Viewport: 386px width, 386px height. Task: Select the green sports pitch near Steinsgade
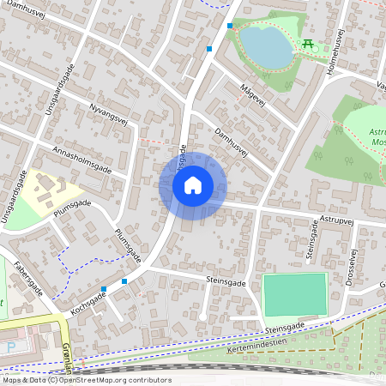[295, 295]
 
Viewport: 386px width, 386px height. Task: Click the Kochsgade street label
[87, 306]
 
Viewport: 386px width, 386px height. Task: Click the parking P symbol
[11, 347]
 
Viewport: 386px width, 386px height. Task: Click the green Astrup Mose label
[377, 138]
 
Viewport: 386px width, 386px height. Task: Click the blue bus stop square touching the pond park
[230, 26]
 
